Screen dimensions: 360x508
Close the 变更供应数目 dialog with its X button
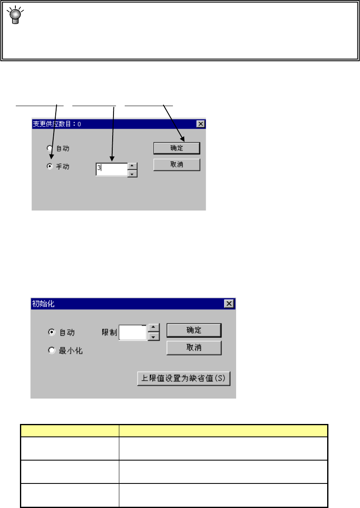pos(200,124)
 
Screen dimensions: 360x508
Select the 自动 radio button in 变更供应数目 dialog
pos(49,148)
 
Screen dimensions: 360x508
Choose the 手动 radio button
pos(49,166)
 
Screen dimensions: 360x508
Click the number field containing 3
pos(111,169)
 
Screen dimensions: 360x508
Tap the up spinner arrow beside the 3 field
pos(132,166)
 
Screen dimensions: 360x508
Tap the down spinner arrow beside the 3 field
pos(132,173)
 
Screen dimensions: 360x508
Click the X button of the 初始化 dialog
pos(229,303)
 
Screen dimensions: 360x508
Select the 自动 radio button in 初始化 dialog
pos(52,332)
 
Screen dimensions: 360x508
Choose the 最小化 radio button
pos(52,350)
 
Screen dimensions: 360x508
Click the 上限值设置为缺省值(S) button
pos(184,379)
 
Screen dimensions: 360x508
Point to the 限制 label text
pos(109,332)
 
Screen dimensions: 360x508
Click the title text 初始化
pos(43,303)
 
